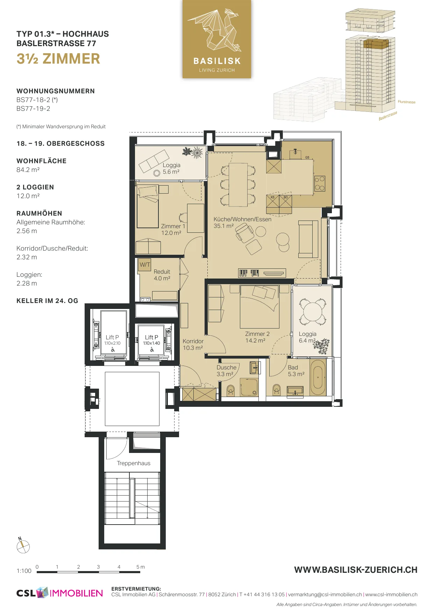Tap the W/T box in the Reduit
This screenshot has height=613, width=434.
(x=145, y=265)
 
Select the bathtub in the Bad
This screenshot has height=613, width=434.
(x=318, y=377)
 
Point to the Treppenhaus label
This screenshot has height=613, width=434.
(x=134, y=463)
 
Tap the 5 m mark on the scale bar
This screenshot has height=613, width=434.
(x=140, y=567)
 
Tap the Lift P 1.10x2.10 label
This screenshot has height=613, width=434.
(x=112, y=340)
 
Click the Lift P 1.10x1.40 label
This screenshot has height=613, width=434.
(x=151, y=340)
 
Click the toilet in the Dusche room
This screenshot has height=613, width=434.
(x=230, y=390)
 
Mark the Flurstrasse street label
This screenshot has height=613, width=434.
(x=406, y=102)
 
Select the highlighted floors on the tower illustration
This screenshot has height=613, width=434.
(x=376, y=44)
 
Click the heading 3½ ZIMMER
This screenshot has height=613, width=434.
(x=58, y=59)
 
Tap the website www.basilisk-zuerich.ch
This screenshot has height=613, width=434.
(x=356, y=570)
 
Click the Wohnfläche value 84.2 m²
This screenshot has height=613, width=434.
(x=28, y=170)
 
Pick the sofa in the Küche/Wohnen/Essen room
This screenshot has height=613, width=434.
(x=308, y=239)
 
